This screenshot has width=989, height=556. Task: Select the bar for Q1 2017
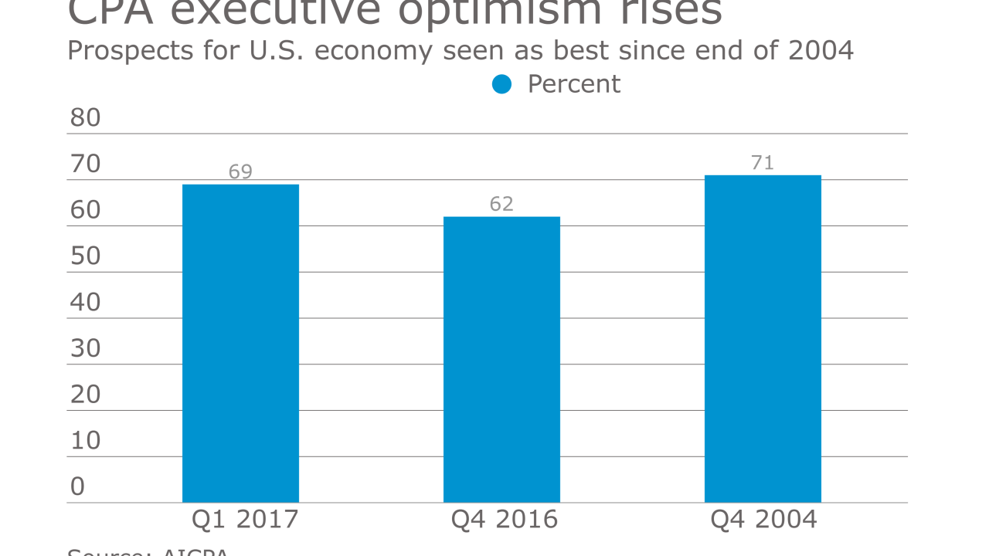tap(240, 343)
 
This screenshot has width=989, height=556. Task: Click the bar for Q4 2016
tap(501, 359)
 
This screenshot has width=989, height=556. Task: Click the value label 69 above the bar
tap(240, 171)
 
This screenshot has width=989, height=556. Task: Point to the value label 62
tap(501, 204)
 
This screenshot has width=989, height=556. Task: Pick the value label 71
tap(763, 163)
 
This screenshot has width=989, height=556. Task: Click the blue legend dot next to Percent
tap(501, 84)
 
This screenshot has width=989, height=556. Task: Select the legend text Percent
tap(573, 84)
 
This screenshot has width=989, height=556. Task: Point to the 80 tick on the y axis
tap(85, 118)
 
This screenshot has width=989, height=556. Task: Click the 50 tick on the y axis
tap(85, 256)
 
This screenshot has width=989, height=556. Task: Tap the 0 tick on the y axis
tap(77, 486)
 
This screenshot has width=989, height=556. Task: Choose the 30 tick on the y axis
tap(85, 348)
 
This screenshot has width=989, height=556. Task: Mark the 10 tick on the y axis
tap(85, 440)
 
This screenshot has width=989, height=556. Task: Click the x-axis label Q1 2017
tap(245, 520)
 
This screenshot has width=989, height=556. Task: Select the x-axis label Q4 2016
tap(505, 520)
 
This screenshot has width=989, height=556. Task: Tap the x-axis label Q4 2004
tap(764, 520)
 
